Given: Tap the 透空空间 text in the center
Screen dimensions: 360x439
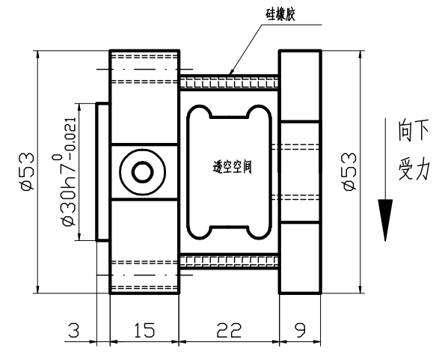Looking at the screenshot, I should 229,166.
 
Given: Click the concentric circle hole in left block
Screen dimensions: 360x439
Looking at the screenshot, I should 141,172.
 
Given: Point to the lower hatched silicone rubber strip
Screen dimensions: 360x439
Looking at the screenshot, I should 228,261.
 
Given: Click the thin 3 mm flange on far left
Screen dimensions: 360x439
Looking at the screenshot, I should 103,172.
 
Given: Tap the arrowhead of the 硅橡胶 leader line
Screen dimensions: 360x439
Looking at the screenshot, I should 233,73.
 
